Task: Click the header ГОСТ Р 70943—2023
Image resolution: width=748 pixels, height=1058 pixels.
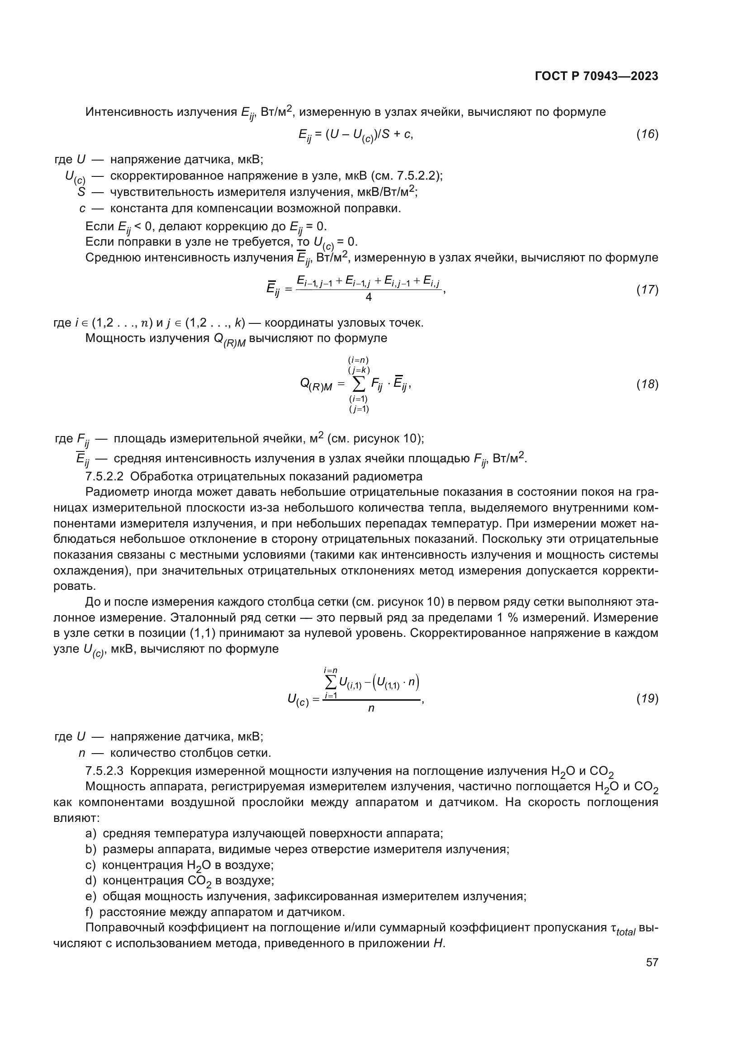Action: pos(597,76)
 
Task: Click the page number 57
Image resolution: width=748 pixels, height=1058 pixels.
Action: pos(652,962)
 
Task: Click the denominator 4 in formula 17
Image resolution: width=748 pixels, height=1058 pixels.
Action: pos(369,298)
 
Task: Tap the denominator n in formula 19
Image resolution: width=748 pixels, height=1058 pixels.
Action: pos(371,708)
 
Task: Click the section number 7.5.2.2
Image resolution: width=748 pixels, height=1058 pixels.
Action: pos(104,476)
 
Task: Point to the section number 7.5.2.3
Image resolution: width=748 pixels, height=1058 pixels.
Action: pos(104,771)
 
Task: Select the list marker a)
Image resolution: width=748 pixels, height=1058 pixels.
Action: pos(91,833)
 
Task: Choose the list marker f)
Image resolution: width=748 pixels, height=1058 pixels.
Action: pos(90,912)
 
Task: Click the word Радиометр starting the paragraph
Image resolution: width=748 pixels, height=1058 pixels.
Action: pos(118,492)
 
